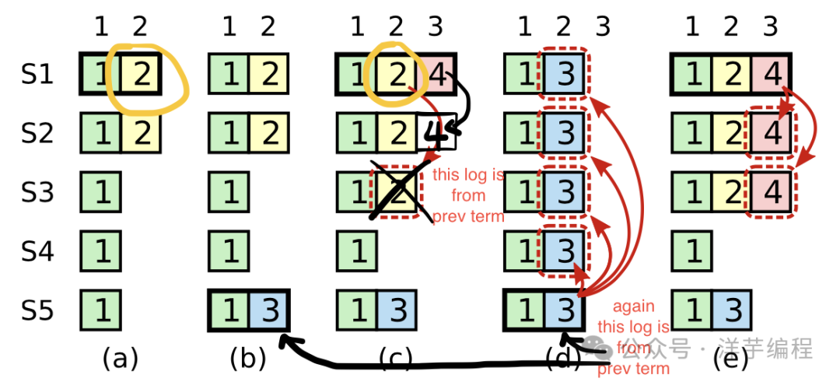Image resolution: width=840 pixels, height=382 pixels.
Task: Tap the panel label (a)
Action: pos(121,359)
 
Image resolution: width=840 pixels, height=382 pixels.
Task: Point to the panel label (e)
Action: pos(730,359)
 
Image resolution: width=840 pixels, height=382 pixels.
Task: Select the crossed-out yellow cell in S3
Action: pos(397,192)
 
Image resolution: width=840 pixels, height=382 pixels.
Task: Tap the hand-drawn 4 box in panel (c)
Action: pos(436,133)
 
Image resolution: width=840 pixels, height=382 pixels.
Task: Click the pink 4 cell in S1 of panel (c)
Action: pos(436,75)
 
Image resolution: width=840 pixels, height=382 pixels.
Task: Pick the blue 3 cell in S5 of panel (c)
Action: pos(397,310)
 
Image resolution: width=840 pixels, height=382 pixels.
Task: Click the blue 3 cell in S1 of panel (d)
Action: pos(564,75)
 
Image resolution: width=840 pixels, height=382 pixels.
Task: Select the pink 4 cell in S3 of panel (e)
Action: pos(771,192)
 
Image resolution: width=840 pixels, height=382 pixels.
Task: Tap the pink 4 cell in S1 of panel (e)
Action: pos(771,75)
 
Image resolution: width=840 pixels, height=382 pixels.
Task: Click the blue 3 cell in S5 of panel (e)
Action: pos(731,310)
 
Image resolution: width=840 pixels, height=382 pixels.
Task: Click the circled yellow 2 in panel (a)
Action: pos(140,75)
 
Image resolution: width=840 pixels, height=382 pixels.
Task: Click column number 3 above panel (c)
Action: pos(436,27)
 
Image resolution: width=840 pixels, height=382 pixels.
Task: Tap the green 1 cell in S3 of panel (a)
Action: pos(101,192)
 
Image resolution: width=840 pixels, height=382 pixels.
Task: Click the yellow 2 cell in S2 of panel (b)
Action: pos(268,133)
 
